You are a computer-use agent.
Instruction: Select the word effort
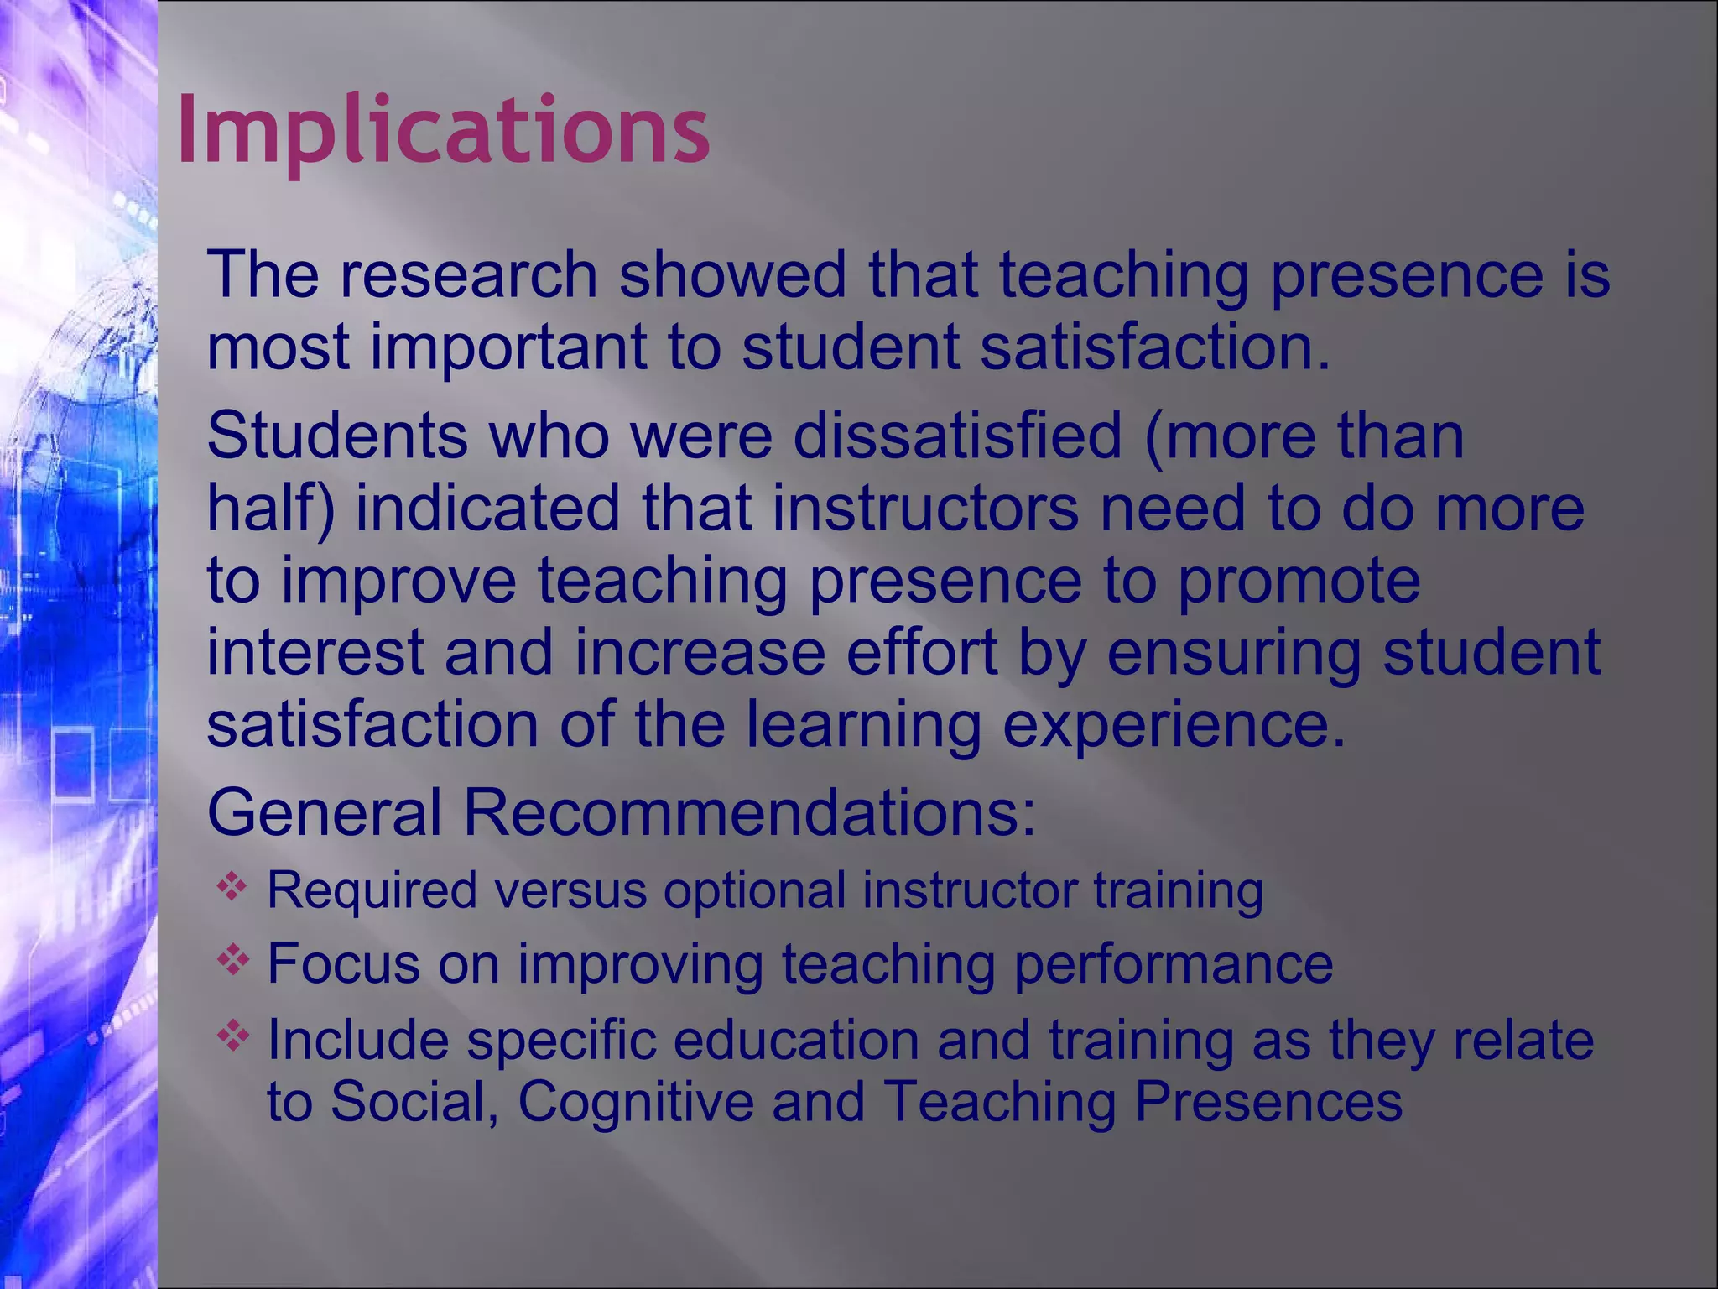tap(921, 653)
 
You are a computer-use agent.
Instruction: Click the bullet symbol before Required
tap(232, 886)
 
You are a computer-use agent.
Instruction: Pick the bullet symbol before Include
tap(232, 1036)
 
